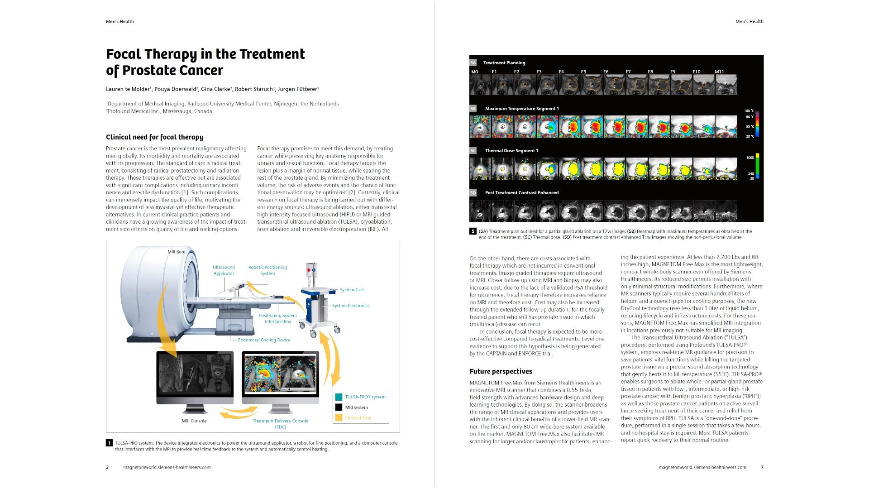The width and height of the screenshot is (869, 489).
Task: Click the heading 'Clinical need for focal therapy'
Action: point(154,137)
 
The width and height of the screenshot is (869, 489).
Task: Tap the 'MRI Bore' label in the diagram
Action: point(177,252)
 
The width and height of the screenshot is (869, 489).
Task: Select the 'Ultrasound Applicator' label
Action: point(224,270)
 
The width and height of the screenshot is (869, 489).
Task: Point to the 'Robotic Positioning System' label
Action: point(267,270)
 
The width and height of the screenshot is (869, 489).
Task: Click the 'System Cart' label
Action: point(352,290)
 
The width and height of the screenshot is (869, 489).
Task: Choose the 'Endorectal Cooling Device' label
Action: point(264,340)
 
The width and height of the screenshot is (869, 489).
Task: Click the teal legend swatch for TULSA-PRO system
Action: point(339,397)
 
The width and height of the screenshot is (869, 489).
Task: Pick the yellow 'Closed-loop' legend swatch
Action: point(339,417)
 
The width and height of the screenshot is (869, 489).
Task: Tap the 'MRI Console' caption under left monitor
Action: point(194,421)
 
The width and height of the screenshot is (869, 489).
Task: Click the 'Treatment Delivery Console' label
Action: point(280,421)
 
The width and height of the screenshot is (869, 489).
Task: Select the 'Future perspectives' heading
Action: point(501,372)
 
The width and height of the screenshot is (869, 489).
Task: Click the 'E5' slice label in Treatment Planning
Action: point(583,72)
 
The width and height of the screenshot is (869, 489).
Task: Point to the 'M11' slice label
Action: point(719,72)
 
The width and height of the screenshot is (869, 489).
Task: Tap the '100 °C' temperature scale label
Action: point(749,111)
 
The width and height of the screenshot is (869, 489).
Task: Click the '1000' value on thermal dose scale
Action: point(750,158)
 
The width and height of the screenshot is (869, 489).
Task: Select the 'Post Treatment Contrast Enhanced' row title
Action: point(521,193)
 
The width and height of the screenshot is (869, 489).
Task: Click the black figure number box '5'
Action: point(473,231)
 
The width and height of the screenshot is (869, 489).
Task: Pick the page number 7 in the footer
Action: point(762,467)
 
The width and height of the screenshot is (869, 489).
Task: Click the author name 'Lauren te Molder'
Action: point(128,90)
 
